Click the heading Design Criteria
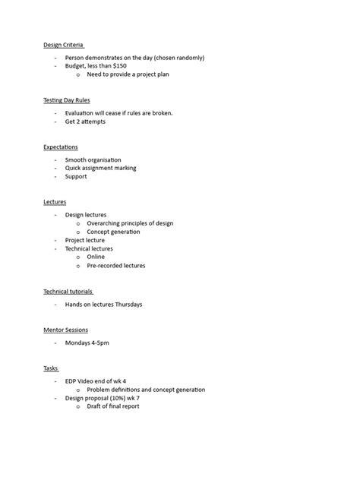point(63,45)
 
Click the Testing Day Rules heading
point(68,100)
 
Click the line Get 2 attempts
point(85,122)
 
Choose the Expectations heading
point(61,147)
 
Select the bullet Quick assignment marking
point(100,168)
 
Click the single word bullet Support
point(76,176)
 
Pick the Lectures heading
point(55,202)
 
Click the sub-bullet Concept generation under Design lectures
point(113,232)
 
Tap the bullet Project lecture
point(85,240)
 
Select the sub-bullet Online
point(96,257)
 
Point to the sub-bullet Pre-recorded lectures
point(115,266)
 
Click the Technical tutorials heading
point(68,291)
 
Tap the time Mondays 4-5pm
point(87,343)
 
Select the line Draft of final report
point(113,406)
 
